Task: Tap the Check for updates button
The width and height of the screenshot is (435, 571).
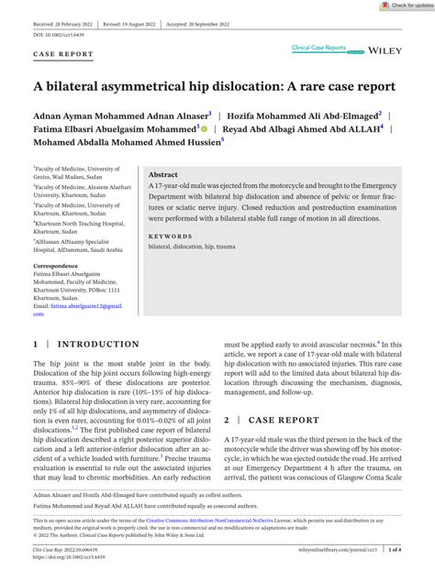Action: tap(401, 5)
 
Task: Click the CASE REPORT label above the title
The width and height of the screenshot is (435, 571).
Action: tap(63, 54)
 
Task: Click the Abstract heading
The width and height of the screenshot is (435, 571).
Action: tap(163, 148)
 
